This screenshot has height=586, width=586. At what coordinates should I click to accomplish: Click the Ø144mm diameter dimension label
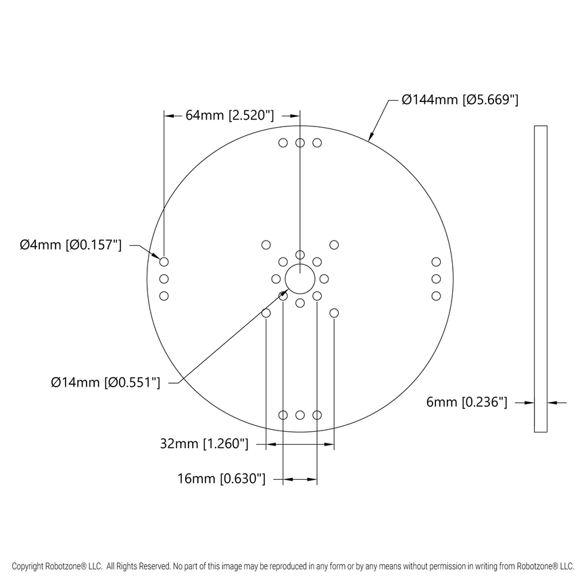[x=460, y=100]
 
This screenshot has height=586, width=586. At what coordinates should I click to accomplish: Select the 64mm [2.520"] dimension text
[x=229, y=116]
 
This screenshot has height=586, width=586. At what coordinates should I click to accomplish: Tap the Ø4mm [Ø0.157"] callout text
[x=70, y=245]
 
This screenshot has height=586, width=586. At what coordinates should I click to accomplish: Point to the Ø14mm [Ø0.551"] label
[x=105, y=383]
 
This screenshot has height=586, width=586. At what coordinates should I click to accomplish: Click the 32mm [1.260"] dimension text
[x=204, y=444]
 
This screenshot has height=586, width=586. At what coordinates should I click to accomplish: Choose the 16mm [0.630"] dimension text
[x=221, y=479]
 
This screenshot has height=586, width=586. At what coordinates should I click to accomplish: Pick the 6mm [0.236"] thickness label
[x=466, y=402]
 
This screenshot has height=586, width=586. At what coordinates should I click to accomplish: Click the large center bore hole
[x=300, y=278]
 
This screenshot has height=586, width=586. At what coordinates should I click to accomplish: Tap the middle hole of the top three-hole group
[x=300, y=143]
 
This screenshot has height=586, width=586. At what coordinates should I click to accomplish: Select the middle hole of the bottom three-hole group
[x=300, y=414]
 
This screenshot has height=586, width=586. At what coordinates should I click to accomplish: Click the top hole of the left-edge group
[x=164, y=262]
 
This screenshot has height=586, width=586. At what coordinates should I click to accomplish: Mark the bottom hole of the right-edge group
[x=436, y=295]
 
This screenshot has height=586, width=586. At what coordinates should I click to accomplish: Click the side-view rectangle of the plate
[x=540, y=278]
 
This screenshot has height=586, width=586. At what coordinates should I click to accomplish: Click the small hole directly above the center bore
[x=300, y=254]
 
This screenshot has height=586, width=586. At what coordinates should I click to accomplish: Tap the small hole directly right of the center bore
[x=324, y=278]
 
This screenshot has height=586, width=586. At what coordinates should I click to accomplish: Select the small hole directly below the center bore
[x=300, y=303]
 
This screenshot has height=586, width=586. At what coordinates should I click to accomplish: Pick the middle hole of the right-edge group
[x=436, y=278]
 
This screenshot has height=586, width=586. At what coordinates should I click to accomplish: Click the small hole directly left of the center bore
[x=276, y=278]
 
